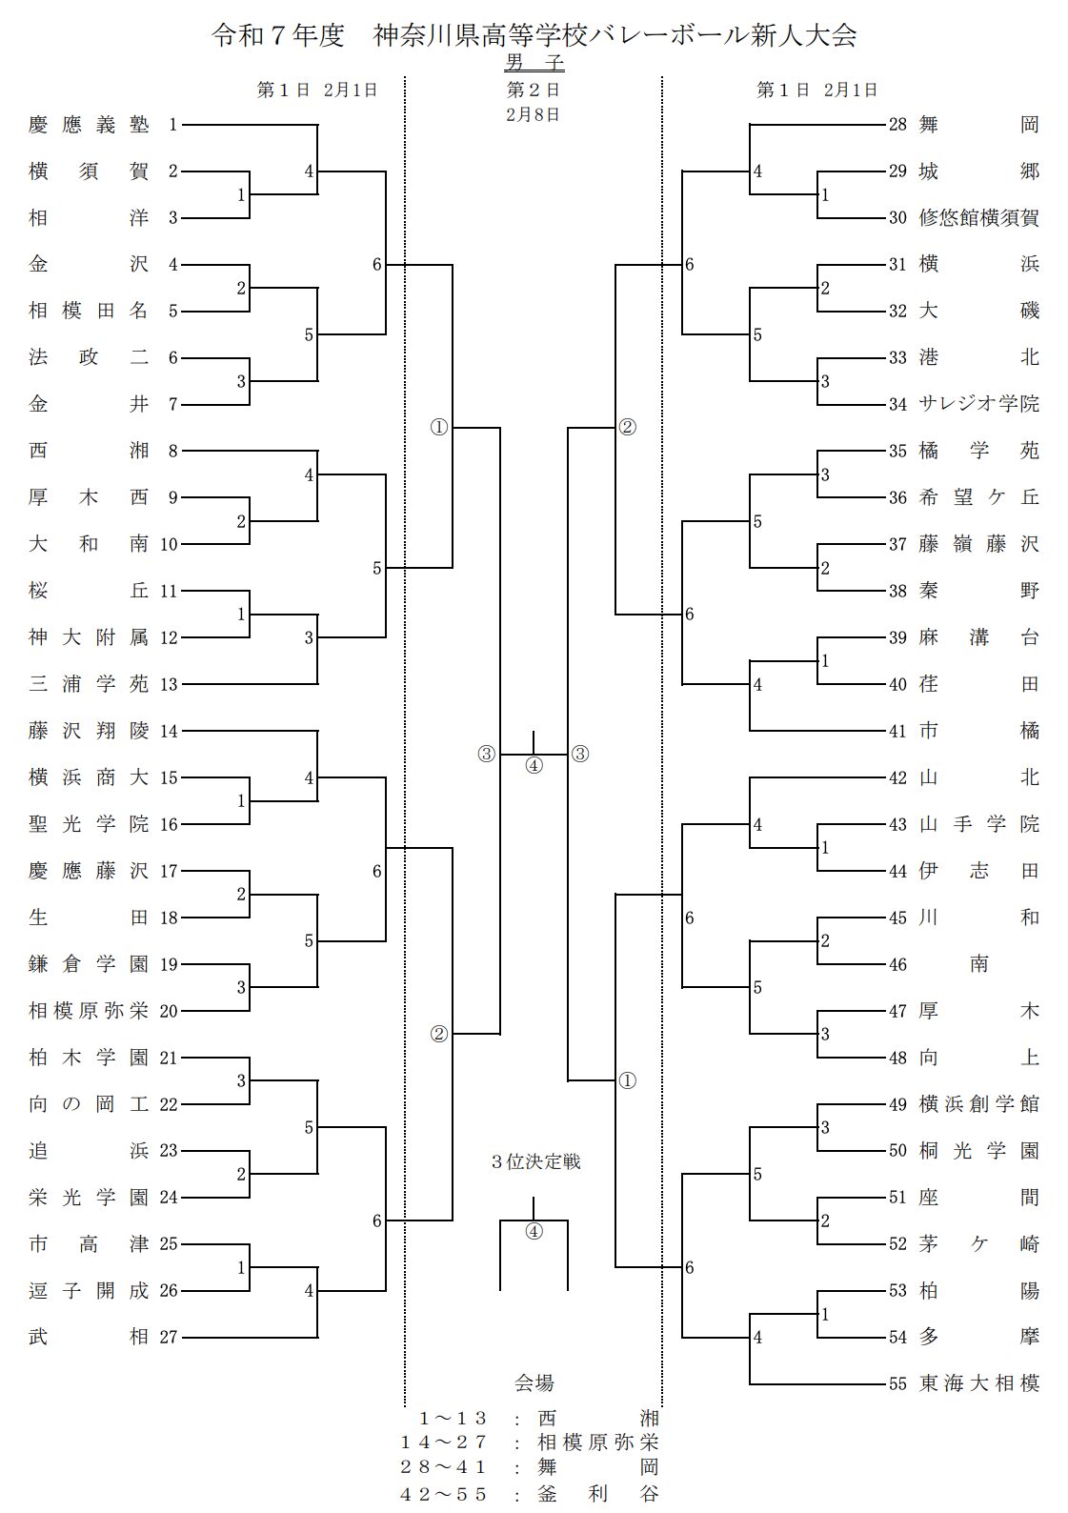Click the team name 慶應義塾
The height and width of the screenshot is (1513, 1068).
(89, 125)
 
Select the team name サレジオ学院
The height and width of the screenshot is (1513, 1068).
(978, 404)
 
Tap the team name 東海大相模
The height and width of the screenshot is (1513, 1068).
(978, 1383)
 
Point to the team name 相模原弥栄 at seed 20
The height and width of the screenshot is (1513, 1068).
(89, 1011)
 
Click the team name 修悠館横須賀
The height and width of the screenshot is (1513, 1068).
(978, 218)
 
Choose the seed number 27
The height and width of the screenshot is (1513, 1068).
(169, 1338)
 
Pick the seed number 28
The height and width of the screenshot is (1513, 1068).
(897, 125)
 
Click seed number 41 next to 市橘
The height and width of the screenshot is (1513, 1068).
(897, 732)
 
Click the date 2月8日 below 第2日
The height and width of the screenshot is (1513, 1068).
(534, 114)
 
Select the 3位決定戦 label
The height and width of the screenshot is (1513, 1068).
(535, 1162)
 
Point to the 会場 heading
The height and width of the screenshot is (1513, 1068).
(534, 1383)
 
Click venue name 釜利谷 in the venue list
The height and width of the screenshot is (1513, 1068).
(597, 1494)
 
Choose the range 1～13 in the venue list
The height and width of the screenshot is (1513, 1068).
(453, 1419)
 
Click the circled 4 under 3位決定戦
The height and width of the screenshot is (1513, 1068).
(534, 1231)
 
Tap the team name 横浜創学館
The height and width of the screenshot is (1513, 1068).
(978, 1104)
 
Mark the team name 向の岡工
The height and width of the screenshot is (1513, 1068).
(89, 1104)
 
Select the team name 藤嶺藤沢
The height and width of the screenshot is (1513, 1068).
(978, 544)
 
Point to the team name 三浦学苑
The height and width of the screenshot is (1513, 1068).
(89, 684)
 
